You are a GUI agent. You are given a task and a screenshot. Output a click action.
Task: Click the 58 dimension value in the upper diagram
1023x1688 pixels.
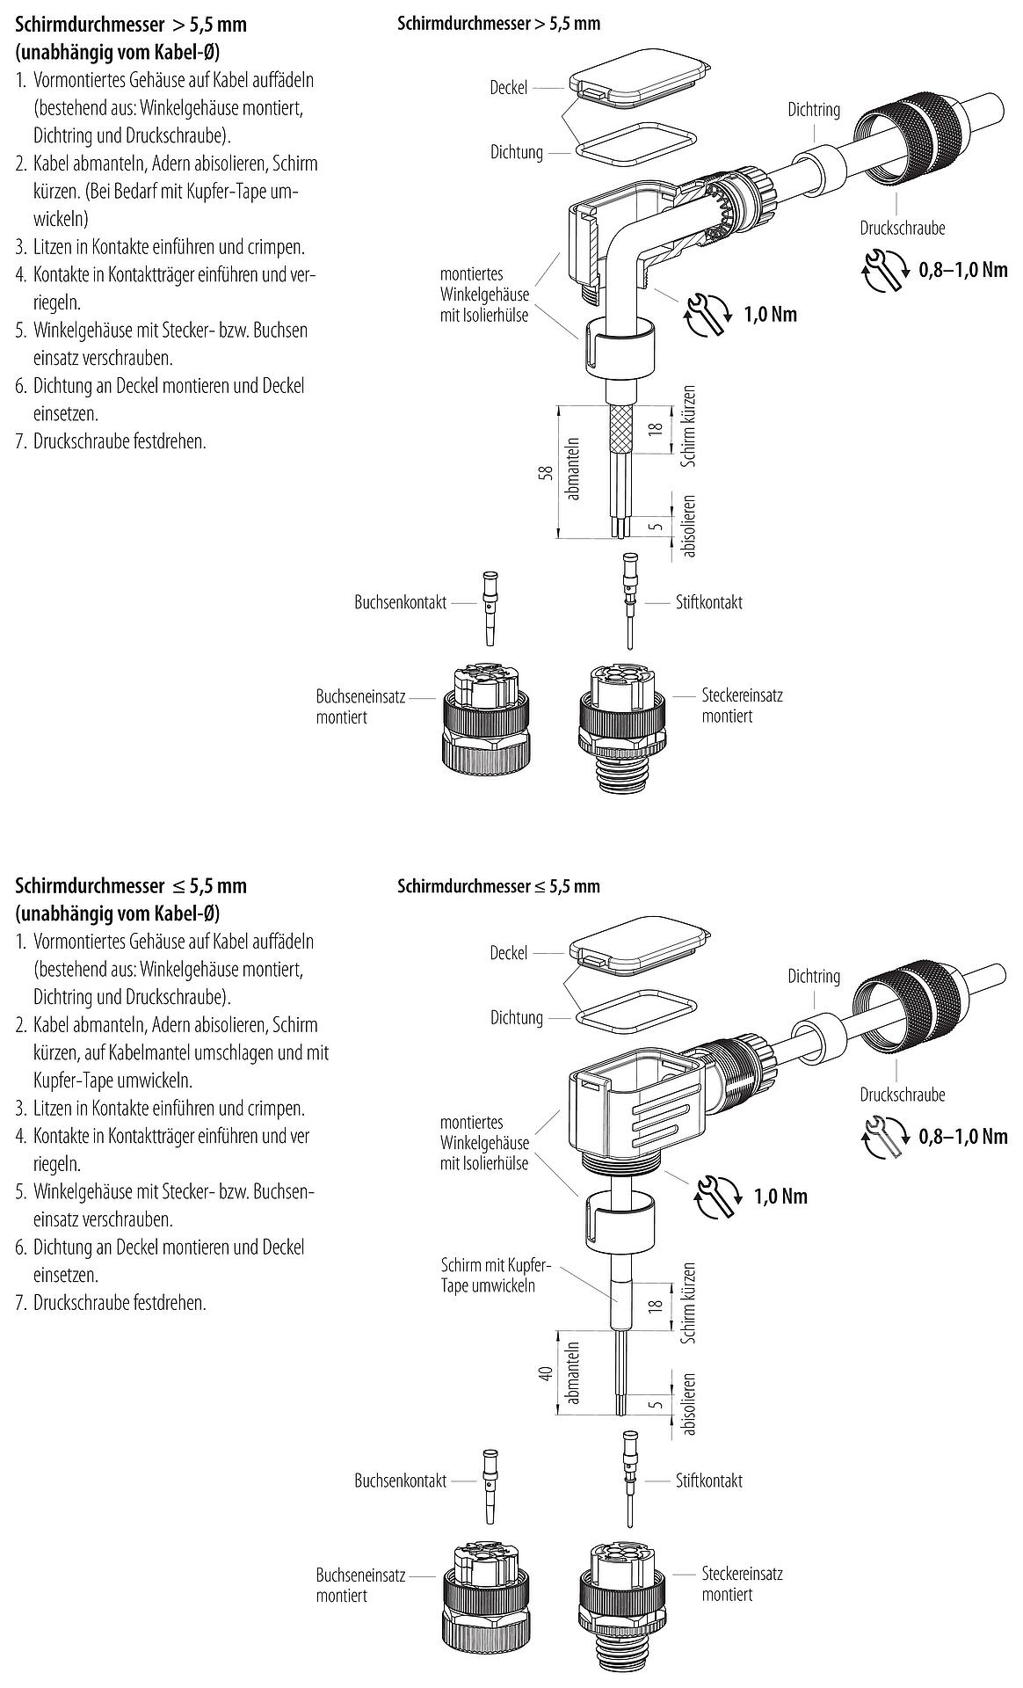click(x=546, y=472)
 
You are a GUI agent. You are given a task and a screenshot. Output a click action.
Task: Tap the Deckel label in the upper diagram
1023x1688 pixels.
click(x=509, y=88)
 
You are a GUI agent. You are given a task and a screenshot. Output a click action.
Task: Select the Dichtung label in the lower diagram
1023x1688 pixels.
click(x=517, y=1017)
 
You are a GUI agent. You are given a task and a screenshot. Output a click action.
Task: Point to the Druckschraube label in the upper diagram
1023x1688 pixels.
click(x=902, y=229)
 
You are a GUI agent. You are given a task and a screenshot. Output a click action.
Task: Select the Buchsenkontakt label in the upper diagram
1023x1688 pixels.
click(x=400, y=603)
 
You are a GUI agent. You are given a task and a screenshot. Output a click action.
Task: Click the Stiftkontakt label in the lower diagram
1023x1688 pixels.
click(x=708, y=1481)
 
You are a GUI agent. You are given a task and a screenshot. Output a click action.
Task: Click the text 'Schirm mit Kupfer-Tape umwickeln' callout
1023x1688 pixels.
click(x=496, y=1275)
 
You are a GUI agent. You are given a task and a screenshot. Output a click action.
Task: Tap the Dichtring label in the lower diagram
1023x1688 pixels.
click(x=813, y=976)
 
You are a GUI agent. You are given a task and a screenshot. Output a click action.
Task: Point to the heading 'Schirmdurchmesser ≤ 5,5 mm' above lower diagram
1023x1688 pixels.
click(x=498, y=886)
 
